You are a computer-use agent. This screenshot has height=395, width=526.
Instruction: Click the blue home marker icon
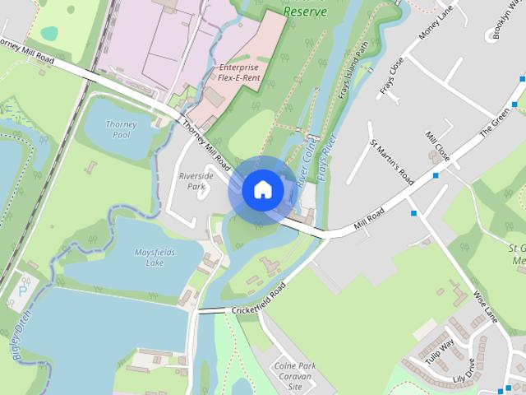tap(261, 189)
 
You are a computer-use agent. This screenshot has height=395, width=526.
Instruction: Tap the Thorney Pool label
tap(122, 129)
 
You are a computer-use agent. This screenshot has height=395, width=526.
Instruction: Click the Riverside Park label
tap(196, 181)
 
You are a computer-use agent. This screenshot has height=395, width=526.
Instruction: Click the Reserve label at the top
tap(305, 12)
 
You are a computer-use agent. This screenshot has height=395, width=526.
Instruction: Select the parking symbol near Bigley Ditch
tap(23, 287)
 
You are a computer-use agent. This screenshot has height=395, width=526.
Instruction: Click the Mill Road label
tap(368, 216)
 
